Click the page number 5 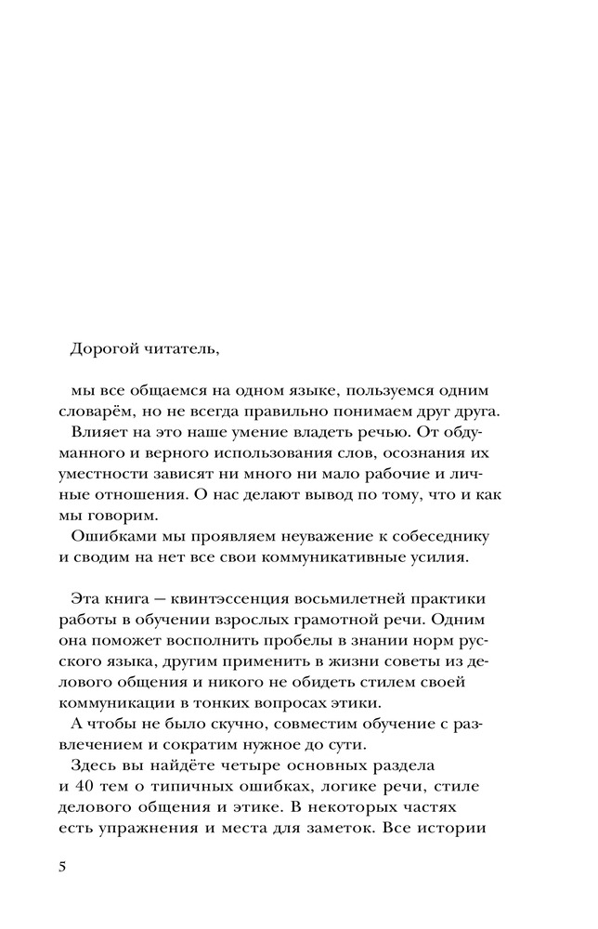[62, 867]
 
